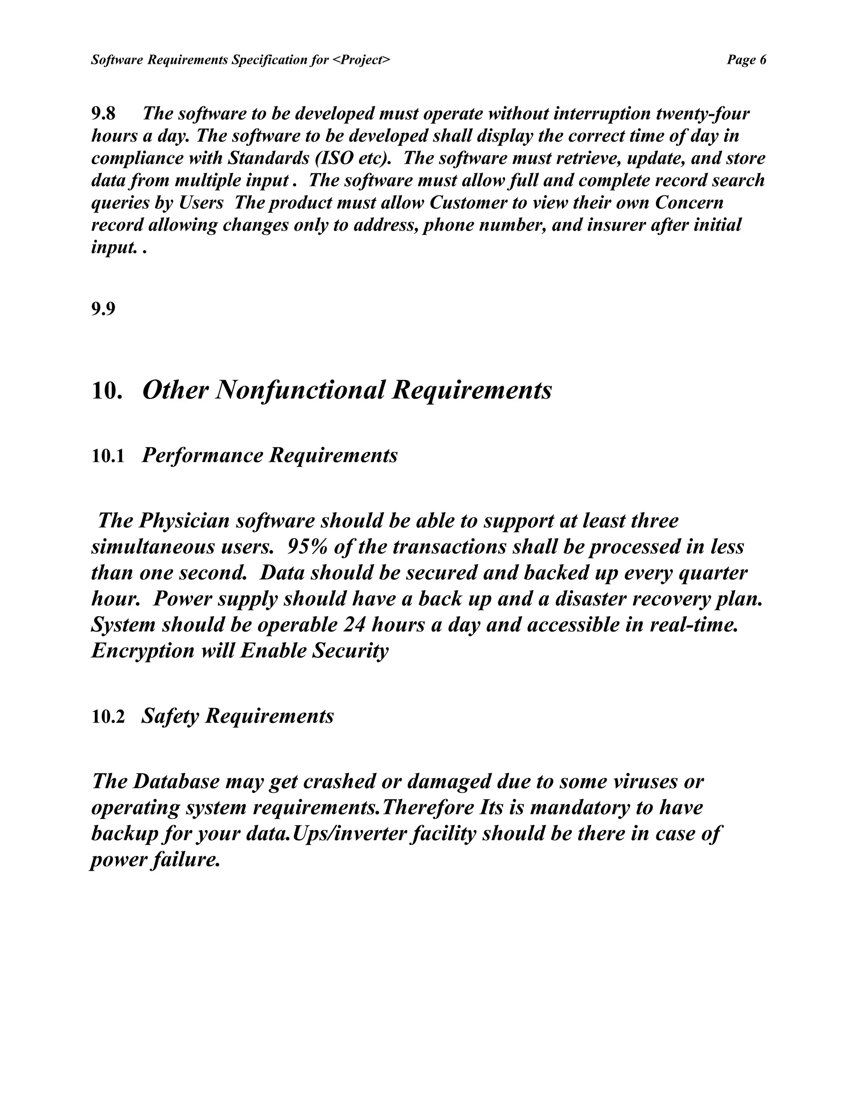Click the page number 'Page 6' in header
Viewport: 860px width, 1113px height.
point(746,60)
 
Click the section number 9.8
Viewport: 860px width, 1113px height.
point(103,113)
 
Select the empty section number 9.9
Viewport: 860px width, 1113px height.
point(103,309)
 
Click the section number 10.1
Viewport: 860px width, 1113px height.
point(108,456)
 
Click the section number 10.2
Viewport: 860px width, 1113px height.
point(108,717)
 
